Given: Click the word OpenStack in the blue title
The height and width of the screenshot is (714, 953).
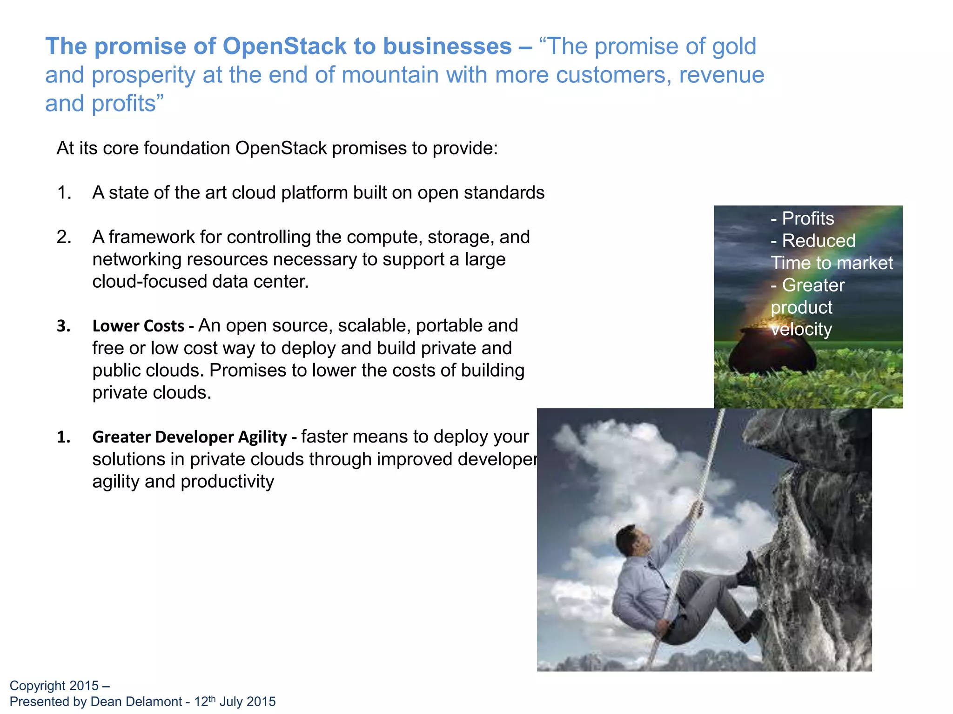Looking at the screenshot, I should (x=284, y=46).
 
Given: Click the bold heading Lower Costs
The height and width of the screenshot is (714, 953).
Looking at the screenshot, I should (x=138, y=326).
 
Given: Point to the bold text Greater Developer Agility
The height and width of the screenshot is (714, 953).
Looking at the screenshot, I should (x=189, y=437).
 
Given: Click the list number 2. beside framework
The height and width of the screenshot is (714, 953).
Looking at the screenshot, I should (x=64, y=237).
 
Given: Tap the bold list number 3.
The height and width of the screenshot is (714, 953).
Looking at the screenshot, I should (x=64, y=326).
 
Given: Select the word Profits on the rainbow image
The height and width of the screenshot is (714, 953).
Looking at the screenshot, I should (x=808, y=218).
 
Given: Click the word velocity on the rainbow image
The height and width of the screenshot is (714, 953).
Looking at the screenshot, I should (x=801, y=329).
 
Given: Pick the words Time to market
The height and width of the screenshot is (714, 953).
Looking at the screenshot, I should (x=832, y=263).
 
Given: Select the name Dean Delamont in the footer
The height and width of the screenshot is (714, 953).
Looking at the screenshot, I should (x=136, y=701).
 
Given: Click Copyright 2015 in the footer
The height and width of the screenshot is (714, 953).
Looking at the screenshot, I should (x=54, y=686).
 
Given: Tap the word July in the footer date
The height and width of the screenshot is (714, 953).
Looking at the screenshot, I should (x=231, y=701).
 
